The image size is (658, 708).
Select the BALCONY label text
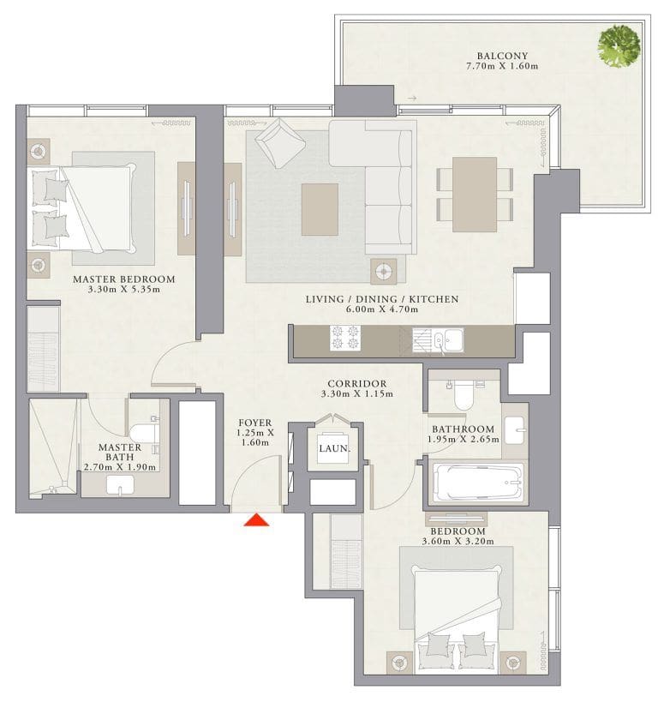click(x=496, y=57)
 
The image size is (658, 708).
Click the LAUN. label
click(x=332, y=447)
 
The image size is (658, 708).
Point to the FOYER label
click(x=255, y=423)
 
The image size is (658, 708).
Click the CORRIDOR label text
click(x=356, y=384)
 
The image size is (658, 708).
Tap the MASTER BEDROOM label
click(x=123, y=279)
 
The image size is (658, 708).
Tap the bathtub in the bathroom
click(x=478, y=483)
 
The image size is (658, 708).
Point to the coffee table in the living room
click(x=320, y=208)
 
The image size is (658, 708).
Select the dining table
click(x=475, y=189)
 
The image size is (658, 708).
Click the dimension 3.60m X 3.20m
click(x=458, y=541)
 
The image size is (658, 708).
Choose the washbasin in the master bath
click(x=120, y=485)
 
